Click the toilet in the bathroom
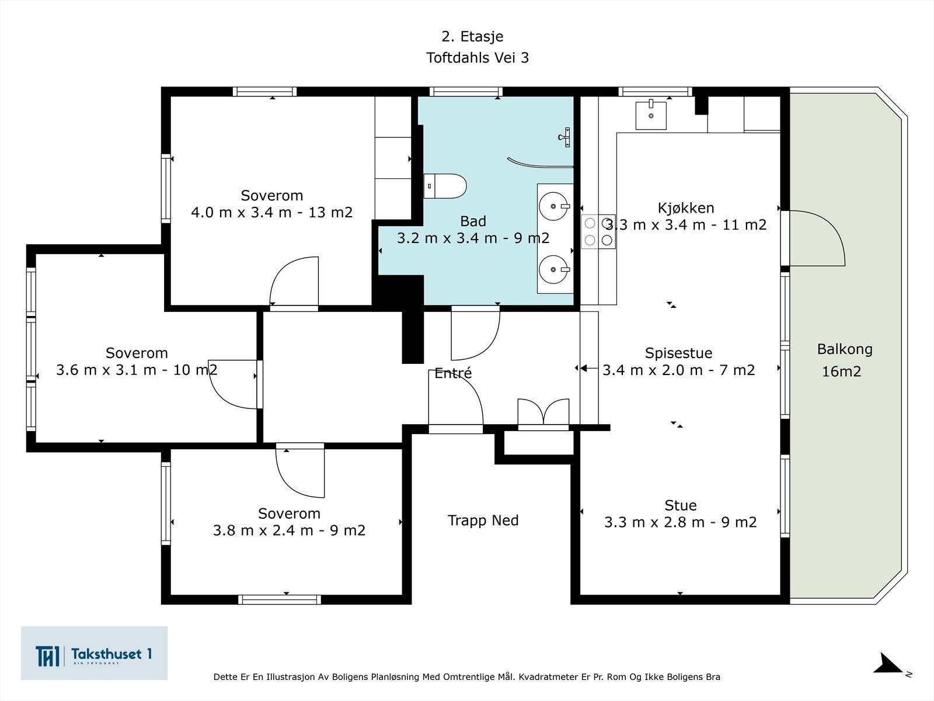445,186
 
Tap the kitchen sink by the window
651,115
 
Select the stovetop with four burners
598,231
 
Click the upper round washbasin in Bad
554,206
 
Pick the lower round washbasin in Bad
554,269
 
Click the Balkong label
845,349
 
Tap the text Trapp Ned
483,520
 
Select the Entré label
453,373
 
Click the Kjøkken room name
686,208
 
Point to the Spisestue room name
678,353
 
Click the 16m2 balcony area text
841,372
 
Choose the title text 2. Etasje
472,37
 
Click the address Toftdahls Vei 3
478,57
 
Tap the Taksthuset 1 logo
94,653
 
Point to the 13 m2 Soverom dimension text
330,213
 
